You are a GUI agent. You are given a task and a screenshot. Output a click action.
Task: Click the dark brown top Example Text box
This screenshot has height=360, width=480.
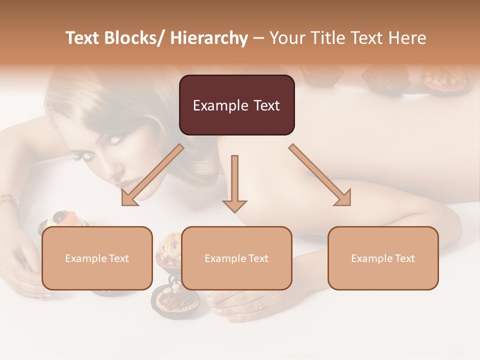coord(236,105)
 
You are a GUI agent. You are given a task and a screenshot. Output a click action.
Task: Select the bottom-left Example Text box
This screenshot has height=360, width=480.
coord(97,258)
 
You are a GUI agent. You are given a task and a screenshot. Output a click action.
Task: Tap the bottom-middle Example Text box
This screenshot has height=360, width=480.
coord(236,258)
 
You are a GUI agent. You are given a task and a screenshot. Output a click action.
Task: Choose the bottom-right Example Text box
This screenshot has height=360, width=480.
coord(383,258)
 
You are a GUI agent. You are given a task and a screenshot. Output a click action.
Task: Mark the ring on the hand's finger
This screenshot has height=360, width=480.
coord(259,303)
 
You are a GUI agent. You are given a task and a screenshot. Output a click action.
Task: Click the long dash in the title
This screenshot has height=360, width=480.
coord(258,39)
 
